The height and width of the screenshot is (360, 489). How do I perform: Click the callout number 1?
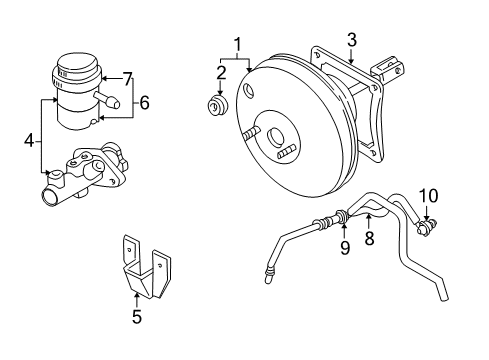coord(237,46)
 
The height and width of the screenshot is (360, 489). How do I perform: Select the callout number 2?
coord(221,73)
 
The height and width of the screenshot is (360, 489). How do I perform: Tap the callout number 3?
coord(352,40)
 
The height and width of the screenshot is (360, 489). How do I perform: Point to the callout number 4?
coord(29,141)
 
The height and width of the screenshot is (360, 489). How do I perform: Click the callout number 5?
coord(137,316)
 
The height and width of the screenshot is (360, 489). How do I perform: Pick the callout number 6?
coord(144,102)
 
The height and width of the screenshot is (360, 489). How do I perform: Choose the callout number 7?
coord(128,79)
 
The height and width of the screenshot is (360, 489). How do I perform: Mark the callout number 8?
coord(369,238)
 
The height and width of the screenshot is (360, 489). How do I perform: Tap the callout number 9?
coord(345,248)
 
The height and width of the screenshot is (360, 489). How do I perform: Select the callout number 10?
coord(428,196)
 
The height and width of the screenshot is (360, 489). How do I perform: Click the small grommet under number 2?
coord(217,106)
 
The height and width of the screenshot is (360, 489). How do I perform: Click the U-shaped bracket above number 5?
coord(146,266)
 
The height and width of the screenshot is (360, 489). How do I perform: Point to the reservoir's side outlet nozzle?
coord(107,99)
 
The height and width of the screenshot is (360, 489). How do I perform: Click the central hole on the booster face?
coord(276,138)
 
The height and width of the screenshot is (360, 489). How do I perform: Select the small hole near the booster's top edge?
coord(248,90)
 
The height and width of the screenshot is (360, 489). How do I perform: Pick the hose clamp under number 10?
coord(425,227)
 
